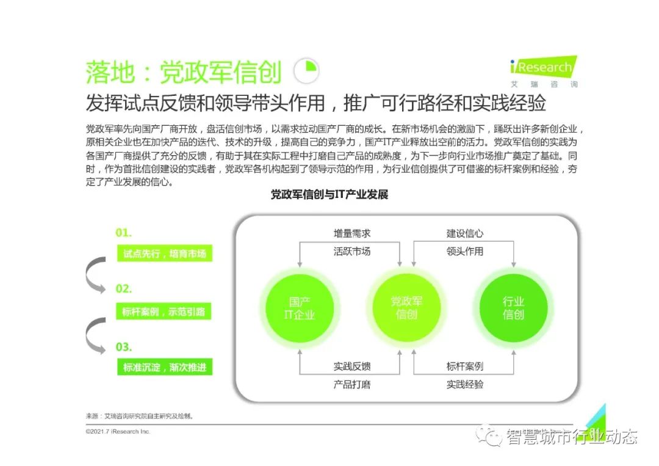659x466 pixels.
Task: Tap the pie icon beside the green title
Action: coord(306,71)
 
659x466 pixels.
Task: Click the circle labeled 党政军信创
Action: coord(406,308)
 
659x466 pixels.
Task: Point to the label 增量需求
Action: coord(351,233)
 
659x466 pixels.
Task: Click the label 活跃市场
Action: coord(351,251)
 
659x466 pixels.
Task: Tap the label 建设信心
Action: coord(464,233)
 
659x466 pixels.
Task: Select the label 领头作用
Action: coord(464,251)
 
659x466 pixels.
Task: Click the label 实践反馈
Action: coord(351,366)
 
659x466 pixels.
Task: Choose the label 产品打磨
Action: coord(351,384)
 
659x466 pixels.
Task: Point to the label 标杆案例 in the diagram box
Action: coord(464,366)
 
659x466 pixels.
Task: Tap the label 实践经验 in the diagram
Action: coord(464,384)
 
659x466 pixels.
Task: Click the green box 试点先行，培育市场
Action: coord(165,253)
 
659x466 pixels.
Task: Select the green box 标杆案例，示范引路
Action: coord(165,311)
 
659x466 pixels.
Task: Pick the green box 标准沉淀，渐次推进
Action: coord(165,367)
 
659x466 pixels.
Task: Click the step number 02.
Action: coord(124,289)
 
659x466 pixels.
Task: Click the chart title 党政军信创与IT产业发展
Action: coord(329,195)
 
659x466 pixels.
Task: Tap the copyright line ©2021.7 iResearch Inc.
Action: coord(118,431)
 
